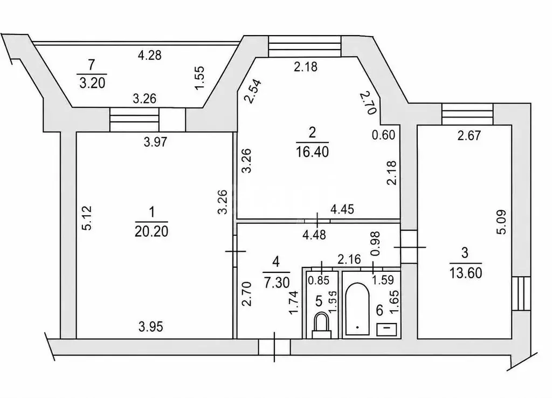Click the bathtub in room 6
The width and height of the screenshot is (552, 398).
[357, 309]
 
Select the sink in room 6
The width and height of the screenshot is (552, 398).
[387, 330]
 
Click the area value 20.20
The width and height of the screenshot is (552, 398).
[151, 231]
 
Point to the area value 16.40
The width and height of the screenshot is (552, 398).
[312, 152]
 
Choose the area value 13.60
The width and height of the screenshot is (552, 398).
[465, 272]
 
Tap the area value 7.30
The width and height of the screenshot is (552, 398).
[277, 282]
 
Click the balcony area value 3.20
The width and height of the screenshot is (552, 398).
[92, 83]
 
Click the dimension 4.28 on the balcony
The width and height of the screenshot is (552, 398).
[150, 56]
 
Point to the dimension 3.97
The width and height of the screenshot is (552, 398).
[155, 142]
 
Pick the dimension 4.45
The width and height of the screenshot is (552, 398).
[342, 209]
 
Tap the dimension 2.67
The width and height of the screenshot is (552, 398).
[469, 135]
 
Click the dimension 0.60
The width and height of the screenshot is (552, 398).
[384, 135]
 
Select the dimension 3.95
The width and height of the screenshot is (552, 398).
[151, 327]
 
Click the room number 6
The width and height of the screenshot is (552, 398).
[379, 310]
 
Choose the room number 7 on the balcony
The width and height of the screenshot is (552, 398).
[92, 65]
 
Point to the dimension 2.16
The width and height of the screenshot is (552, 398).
[349, 259]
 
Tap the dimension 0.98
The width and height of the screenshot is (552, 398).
[375, 243]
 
